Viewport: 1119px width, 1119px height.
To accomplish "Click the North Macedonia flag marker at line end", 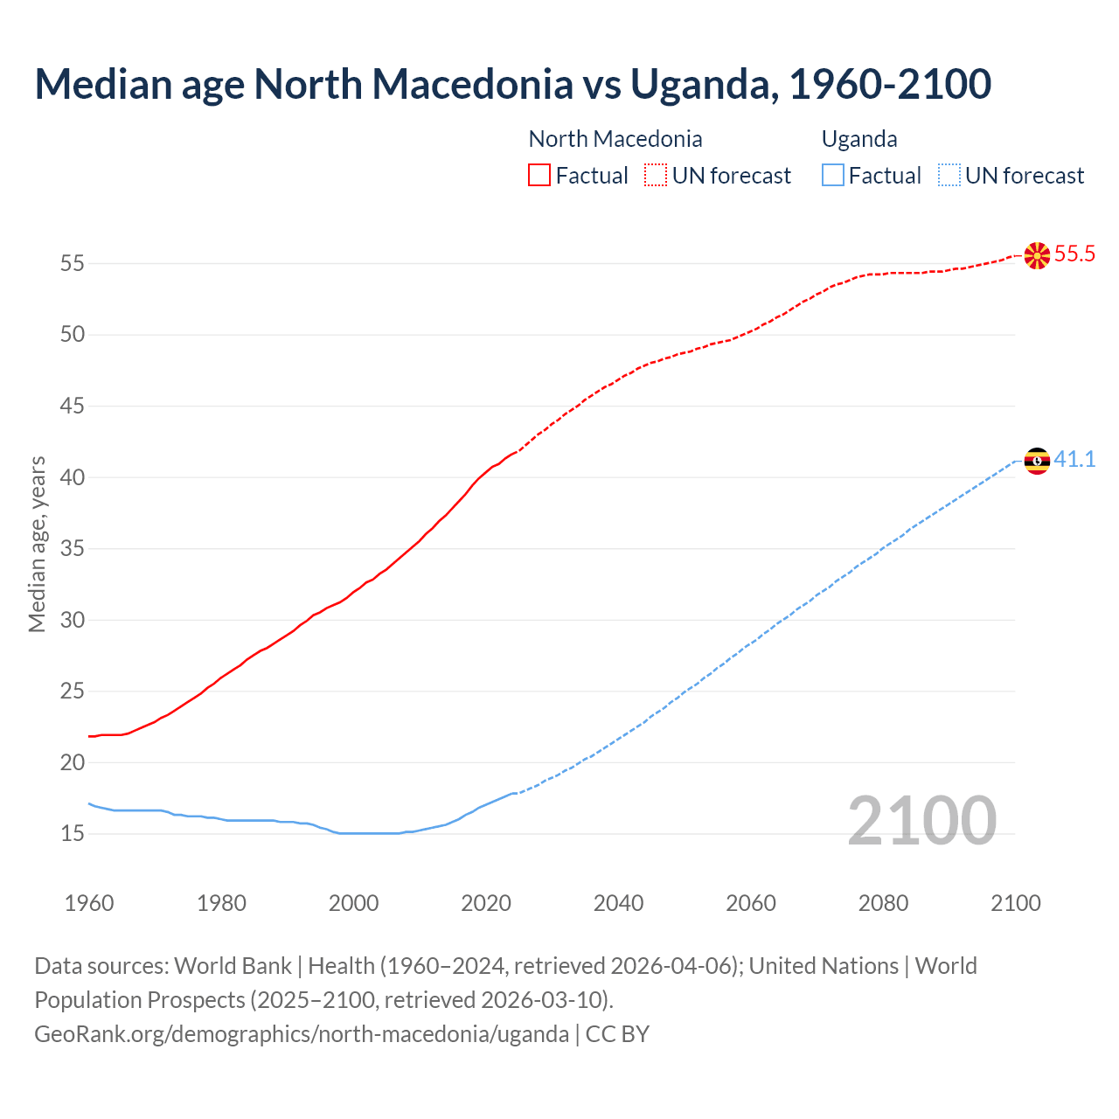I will pyautogui.click(x=1037, y=255).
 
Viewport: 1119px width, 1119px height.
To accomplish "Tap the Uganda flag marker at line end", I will pyautogui.click(x=1037, y=461).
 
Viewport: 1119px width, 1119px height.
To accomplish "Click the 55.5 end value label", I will pyautogui.click(x=1074, y=254).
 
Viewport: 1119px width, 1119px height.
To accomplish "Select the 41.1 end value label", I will pyautogui.click(x=1074, y=460).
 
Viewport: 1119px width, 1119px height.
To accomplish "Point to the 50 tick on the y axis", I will pyautogui.click(x=73, y=335).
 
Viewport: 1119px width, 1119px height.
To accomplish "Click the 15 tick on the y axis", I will pyautogui.click(x=73, y=834).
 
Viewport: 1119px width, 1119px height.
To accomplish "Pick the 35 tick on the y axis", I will pyautogui.click(x=73, y=549).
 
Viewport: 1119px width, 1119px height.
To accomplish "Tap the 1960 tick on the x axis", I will pyautogui.click(x=89, y=903).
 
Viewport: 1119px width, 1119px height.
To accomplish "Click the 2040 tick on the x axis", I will pyautogui.click(x=618, y=903).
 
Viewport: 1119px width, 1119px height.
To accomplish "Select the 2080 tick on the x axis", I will pyautogui.click(x=883, y=903).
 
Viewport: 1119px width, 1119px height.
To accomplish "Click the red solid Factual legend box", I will pyautogui.click(x=539, y=176).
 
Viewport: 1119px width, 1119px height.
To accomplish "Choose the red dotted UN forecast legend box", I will pyautogui.click(x=656, y=176).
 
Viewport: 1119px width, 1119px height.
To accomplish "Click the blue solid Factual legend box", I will pyautogui.click(x=833, y=176).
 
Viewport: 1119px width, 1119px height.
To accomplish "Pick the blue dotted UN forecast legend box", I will pyautogui.click(x=949, y=176).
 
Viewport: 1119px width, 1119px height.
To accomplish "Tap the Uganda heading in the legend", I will pyautogui.click(x=859, y=139).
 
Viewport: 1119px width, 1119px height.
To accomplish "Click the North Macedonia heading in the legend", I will pyautogui.click(x=615, y=139).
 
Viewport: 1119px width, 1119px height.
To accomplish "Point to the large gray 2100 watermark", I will pyautogui.click(x=921, y=821).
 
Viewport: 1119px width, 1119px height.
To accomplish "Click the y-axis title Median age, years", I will pyautogui.click(x=37, y=544).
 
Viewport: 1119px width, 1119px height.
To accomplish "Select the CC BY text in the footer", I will pyautogui.click(x=617, y=1034).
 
